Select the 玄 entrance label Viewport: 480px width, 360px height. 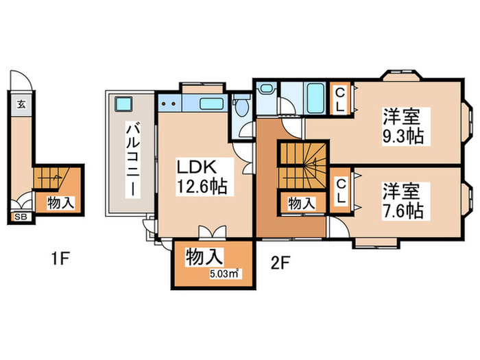21,105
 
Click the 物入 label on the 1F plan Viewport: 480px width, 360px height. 61,183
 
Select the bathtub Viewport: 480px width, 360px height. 316,98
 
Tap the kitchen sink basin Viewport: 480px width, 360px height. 208,104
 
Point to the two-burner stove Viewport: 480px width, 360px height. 169,104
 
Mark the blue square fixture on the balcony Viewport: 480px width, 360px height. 124,105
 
